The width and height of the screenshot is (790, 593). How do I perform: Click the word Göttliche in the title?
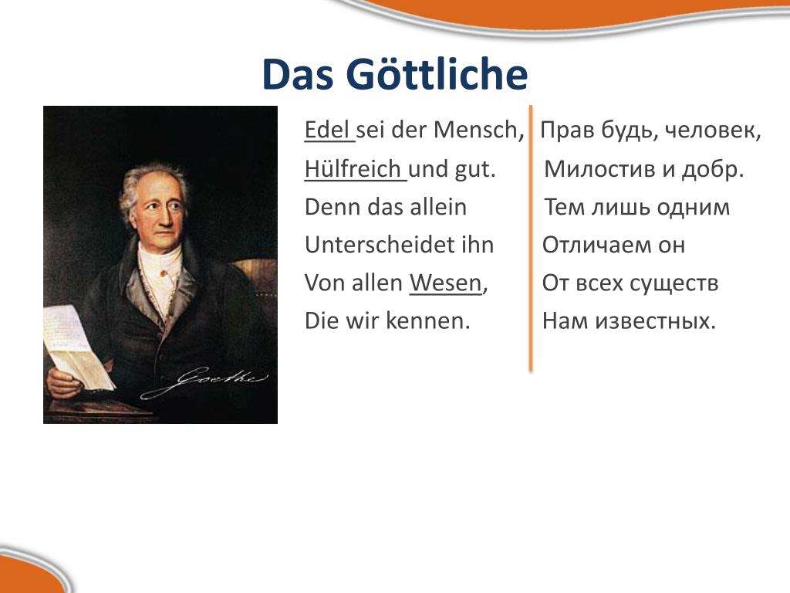[437, 75]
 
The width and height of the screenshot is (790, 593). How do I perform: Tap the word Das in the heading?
[298, 75]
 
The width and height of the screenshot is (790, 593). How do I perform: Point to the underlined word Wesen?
[445, 283]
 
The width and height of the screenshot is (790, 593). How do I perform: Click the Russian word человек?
[710, 130]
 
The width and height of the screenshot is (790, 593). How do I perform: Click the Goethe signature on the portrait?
[204, 381]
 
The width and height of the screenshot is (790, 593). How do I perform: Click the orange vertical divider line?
[531, 238]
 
